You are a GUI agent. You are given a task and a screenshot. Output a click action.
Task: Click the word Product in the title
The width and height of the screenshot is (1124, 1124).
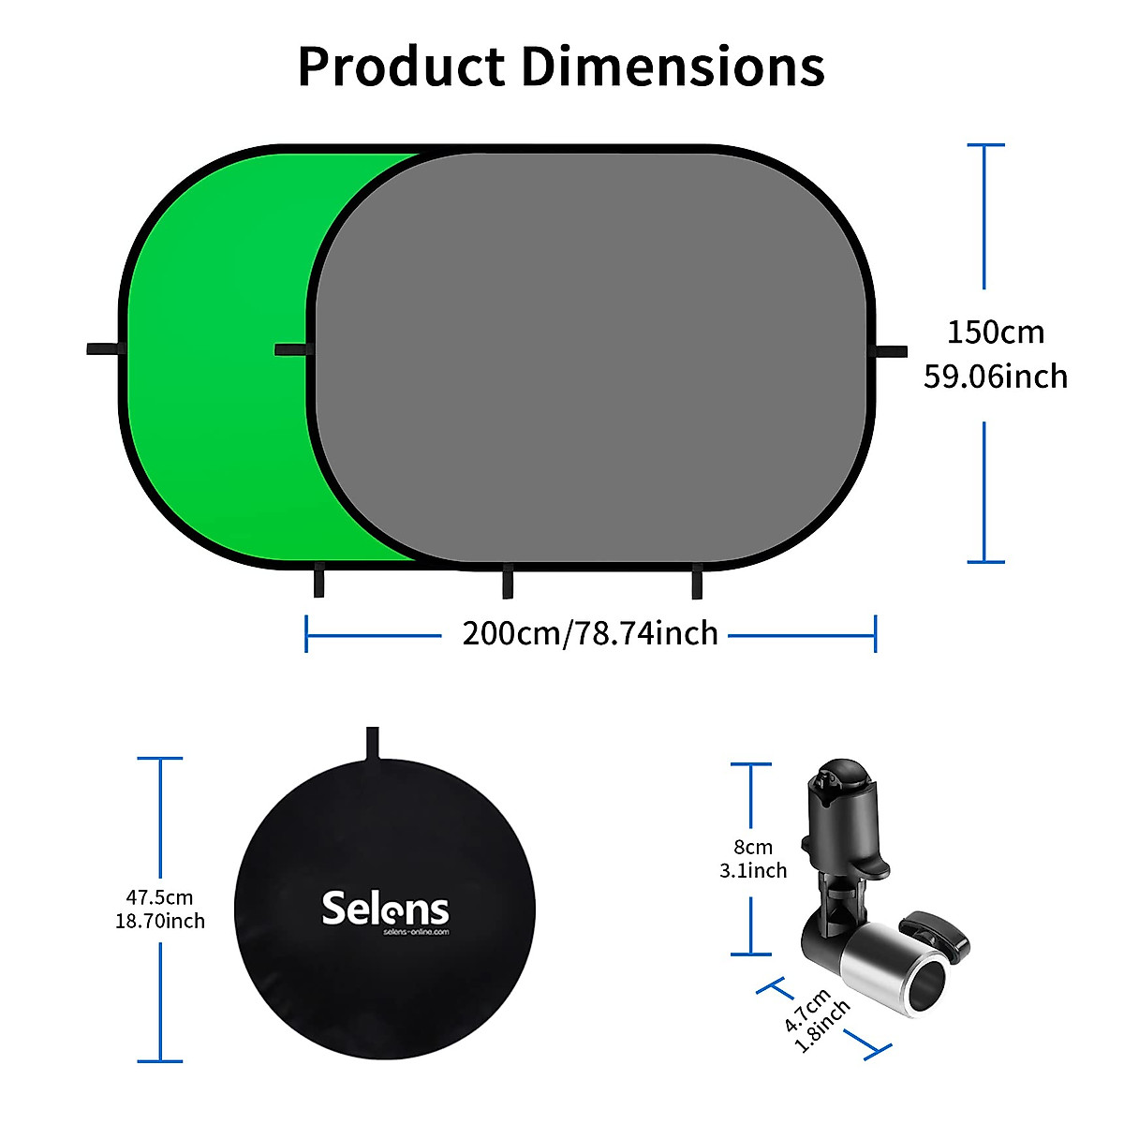pos(401,67)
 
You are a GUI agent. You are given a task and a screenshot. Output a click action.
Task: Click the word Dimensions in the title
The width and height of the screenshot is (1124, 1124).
pos(673,67)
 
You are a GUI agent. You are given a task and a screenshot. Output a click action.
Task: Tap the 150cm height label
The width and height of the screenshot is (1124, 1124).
pos(995,333)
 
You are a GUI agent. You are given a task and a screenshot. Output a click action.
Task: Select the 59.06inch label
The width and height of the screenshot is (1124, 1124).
pos(995,377)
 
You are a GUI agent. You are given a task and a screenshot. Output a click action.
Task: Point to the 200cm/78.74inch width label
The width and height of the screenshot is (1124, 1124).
pos(590,634)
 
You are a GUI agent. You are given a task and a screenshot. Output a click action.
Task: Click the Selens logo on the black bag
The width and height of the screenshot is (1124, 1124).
pos(385,909)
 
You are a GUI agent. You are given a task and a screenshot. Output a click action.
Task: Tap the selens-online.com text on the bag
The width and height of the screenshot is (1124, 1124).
pos(416,933)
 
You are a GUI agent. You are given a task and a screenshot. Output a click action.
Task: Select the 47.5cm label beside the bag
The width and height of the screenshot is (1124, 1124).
pos(159,897)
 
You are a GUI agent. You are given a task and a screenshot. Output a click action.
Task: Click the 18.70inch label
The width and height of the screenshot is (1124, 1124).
pos(159,922)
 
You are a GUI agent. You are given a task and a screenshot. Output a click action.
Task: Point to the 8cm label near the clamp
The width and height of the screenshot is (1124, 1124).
pos(753,848)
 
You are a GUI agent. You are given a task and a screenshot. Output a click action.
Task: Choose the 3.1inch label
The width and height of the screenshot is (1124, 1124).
pos(753,871)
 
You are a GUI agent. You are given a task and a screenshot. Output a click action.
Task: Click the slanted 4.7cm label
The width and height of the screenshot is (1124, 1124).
pos(806,1010)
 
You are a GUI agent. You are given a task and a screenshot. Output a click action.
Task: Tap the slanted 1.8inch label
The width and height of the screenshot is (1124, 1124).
pos(823,1026)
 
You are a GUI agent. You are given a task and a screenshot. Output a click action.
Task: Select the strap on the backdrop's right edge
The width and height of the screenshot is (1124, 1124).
pos(891,351)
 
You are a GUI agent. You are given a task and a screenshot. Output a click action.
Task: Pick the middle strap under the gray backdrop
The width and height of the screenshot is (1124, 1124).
pos(507,582)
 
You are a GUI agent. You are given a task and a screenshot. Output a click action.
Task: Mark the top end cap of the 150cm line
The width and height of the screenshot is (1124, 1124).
pos(984,145)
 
